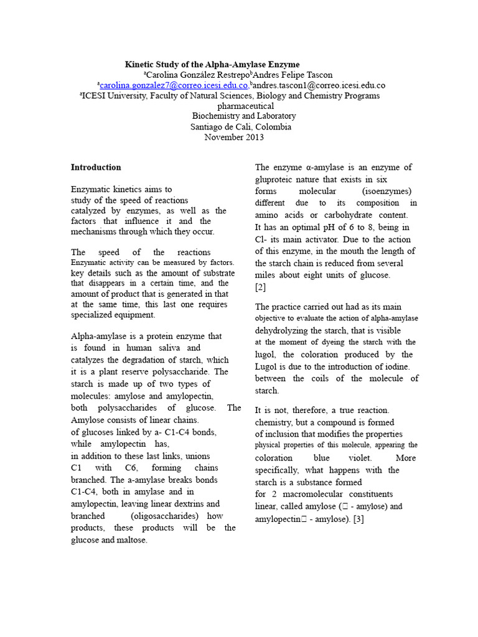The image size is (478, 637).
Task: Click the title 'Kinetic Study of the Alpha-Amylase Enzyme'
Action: pos(212,64)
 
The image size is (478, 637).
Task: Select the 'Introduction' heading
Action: pos(96,167)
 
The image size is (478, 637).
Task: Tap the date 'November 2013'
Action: pos(234,137)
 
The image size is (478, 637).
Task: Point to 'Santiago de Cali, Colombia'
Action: pos(240,127)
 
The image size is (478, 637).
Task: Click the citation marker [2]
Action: pos(260,287)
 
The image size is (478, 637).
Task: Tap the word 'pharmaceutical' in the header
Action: pos(245,106)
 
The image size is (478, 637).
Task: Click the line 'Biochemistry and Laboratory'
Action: pos(244,116)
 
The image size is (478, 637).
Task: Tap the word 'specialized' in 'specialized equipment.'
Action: pos(94,315)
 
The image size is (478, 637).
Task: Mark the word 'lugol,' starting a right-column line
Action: pos(267,355)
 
